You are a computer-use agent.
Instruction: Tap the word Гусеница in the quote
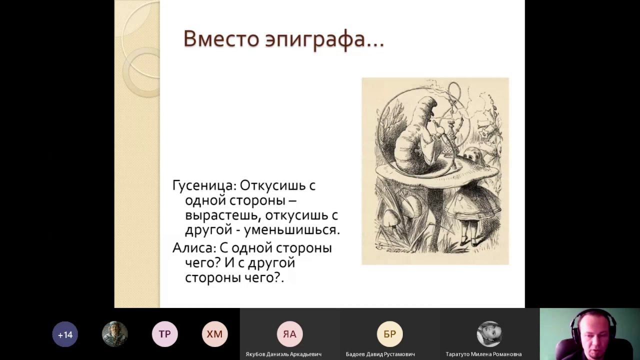pyautogui.click(x=204, y=186)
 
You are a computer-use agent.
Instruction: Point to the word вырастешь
pyautogui.click(x=222, y=215)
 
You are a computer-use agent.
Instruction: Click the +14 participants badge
pyautogui.click(x=65, y=334)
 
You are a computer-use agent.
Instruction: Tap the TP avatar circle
pyautogui.click(x=164, y=334)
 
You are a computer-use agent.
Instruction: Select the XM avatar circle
pyautogui.click(x=214, y=334)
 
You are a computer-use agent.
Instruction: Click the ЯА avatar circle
pyautogui.click(x=289, y=334)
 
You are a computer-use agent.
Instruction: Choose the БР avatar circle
pyautogui.click(x=389, y=334)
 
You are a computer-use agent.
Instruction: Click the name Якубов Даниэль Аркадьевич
pyautogui.click(x=283, y=354)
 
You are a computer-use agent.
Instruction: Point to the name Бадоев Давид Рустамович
pyautogui.click(x=380, y=354)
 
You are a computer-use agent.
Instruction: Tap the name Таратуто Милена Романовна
pyautogui.click(x=483, y=354)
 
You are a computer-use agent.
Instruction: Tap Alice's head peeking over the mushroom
pyautogui.click(x=471, y=155)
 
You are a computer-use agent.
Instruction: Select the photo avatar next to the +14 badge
pyautogui.click(x=114, y=334)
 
